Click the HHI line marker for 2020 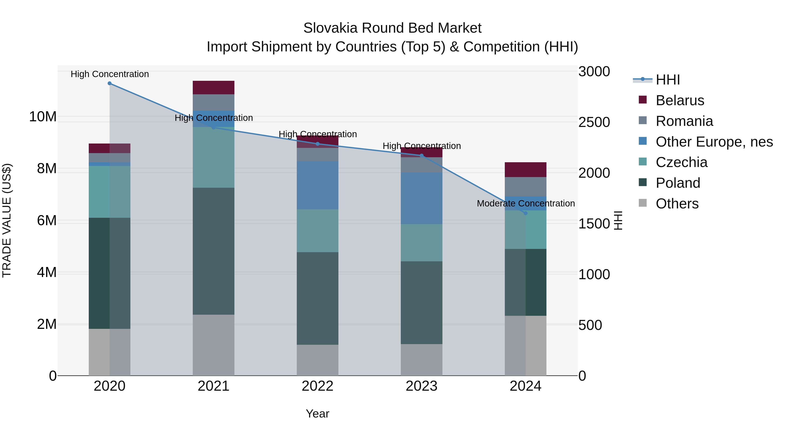pyautogui.click(x=110, y=83)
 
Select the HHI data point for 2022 pyautogui.click(x=317, y=144)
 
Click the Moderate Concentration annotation pyautogui.click(x=526, y=203)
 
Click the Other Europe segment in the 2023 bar pyautogui.click(x=422, y=198)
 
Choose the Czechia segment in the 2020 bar pyautogui.click(x=110, y=192)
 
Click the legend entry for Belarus pyautogui.click(x=679, y=100)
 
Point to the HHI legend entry pyautogui.click(x=667, y=80)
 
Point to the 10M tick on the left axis pyautogui.click(x=43, y=117)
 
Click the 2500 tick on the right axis pyautogui.click(x=594, y=122)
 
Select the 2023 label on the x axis pyautogui.click(x=422, y=386)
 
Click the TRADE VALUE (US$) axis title pyautogui.click(x=7, y=220)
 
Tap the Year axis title pyautogui.click(x=317, y=414)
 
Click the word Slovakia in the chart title pyautogui.click(x=330, y=28)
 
